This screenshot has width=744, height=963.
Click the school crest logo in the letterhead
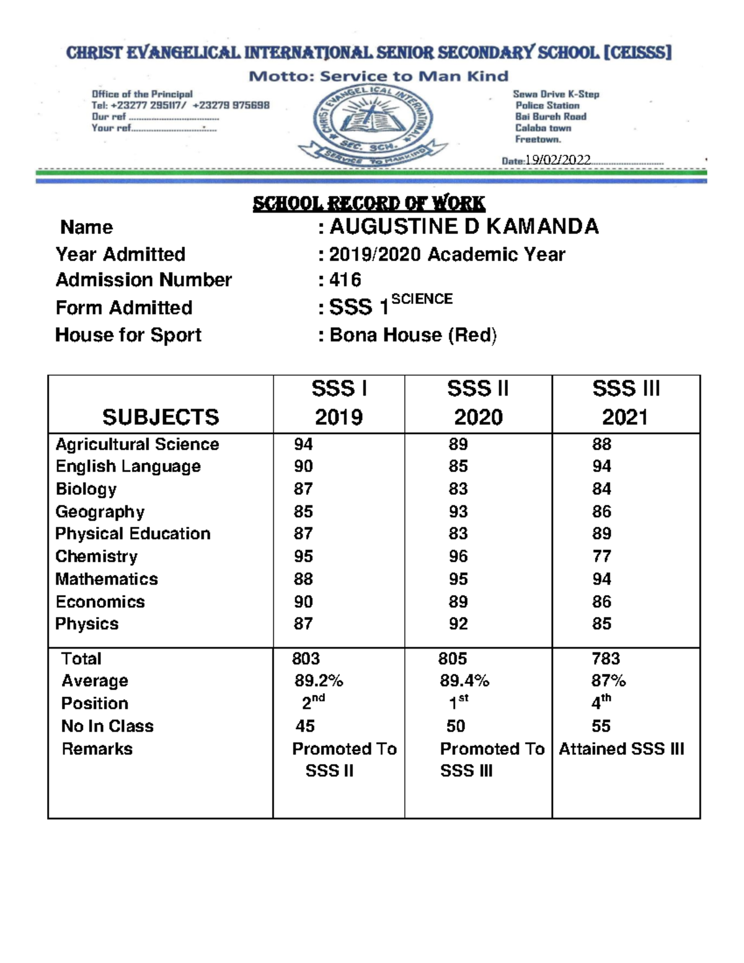[x=372, y=124]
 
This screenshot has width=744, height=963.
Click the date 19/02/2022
[x=557, y=160]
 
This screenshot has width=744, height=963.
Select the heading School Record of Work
[x=369, y=203]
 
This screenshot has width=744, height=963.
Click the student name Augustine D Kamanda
[x=464, y=226]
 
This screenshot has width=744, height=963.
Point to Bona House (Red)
[x=413, y=335]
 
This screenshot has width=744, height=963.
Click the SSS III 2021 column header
[x=626, y=403]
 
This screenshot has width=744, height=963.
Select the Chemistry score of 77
[x=601, y=556]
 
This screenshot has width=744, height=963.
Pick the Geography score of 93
[x=458, y=512]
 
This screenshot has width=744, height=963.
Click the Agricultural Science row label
[x=137, y=445]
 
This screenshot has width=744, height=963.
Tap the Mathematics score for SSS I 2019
[x=303, y=579]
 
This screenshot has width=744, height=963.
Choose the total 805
[x=453, y=659]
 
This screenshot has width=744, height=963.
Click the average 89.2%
[x=319, y=681]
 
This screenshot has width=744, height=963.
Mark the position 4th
[x=601, y=702]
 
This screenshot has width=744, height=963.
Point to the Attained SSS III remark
[x=621, y=749]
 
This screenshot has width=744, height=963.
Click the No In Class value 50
[x=456, y=726]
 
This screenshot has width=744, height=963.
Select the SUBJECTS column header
[x=161, y=417]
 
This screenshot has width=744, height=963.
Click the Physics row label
[x=87, y=624]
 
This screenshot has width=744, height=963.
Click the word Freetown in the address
[x=537, y=140]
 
